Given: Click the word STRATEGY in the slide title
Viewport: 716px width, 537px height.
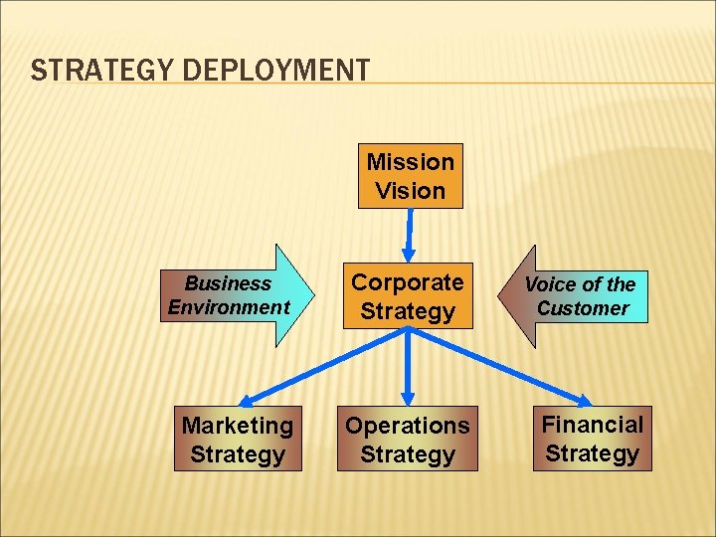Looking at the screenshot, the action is (81, 72).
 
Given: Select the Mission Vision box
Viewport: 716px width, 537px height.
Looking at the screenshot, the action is (410, 176).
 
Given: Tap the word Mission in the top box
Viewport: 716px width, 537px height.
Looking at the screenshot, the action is (410, 162).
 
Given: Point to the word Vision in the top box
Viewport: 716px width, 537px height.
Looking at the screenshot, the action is (410, 190).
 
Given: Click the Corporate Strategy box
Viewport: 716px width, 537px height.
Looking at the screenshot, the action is (407, 296).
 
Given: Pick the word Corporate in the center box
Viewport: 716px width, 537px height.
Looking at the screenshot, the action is (407, 282).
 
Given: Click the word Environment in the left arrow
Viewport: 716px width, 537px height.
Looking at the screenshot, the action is (229, 307).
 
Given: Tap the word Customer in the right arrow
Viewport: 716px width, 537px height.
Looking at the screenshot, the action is (583, 308).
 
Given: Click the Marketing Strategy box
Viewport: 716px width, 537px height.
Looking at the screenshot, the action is (238, 440).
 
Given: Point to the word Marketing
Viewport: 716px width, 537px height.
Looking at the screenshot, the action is (238, 426).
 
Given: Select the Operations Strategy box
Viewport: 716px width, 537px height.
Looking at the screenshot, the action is (407, 440).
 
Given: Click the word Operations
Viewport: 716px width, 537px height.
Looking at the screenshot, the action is (407, 426).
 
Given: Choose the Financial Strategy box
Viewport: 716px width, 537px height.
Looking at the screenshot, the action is (592, 439).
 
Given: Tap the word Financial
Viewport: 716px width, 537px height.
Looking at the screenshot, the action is (592, 425).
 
